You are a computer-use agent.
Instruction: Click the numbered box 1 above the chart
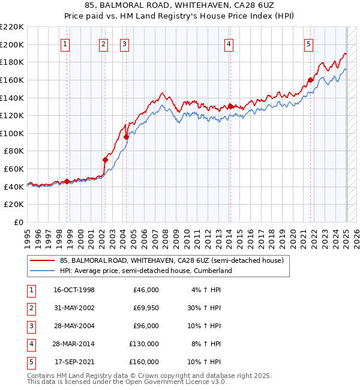(x=64, y=43)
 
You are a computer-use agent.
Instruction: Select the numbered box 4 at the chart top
(x=229, y=43)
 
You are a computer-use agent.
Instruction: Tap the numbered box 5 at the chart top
(x=308, y=43)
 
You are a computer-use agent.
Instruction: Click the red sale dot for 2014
(x=230, y=106)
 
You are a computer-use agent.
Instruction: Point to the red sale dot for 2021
(x=310, y=80)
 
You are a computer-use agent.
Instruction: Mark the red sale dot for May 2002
(x=105, y=160)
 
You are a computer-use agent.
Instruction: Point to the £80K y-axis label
(x=14, y=151)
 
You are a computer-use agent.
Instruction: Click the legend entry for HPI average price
(x=145, y=271)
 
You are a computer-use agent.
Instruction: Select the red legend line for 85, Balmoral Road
(x=42, y=260)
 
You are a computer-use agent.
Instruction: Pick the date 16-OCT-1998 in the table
(x=74, y=290)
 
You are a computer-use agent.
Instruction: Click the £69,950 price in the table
(x=144, y=308)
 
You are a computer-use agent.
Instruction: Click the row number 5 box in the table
(x=31, y=362)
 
